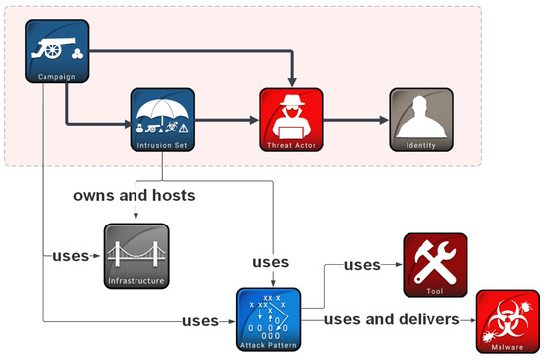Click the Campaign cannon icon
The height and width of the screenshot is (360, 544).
(x=55, y=45)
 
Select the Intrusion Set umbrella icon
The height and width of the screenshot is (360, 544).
(x=163, y=116)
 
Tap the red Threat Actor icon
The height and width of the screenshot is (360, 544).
(x=292, y=116)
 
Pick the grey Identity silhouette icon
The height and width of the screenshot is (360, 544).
(x=421, y=116)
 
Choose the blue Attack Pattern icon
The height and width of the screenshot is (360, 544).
(x=268, y=315)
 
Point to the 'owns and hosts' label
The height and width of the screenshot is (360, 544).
(x=134, y=195)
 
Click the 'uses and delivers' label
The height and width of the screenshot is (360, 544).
(x=393, y=319)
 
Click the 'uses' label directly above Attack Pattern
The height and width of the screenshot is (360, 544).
(x=270, y=262)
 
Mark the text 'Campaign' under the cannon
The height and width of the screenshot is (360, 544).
(x=55, y=76)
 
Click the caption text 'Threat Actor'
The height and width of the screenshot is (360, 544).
(x=292, y=146)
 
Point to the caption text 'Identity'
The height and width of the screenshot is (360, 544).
(x=421, y=146)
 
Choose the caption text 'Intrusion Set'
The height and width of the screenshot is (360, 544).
(x=163, y=146)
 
